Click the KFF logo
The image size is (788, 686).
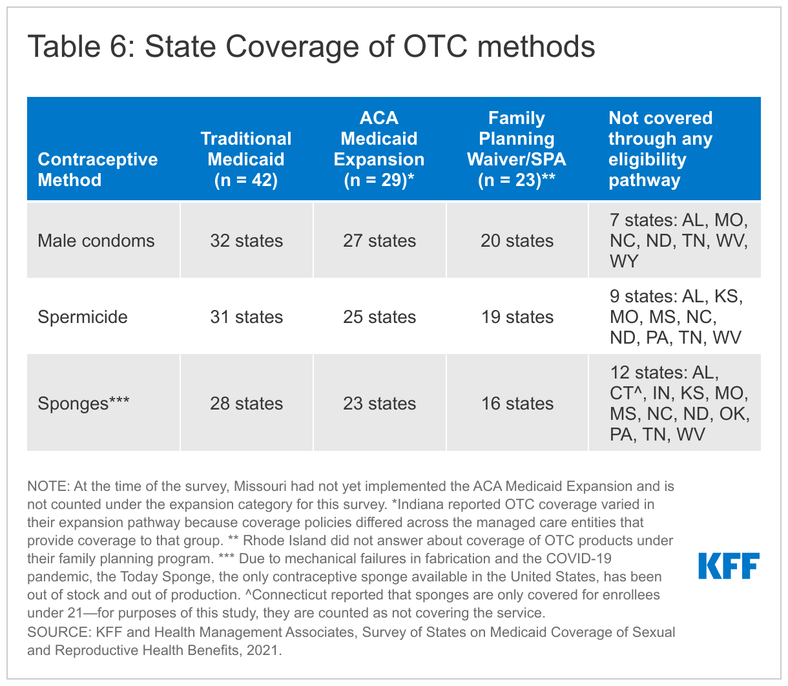(x=729, y=566)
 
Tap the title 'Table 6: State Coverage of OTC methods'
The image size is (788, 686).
(x=311, y=47)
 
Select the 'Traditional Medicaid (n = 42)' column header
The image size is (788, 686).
(x=246, y=159)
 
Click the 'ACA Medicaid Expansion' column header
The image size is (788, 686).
(x=379, y=149)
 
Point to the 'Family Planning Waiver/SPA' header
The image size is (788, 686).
(x=517, y=149)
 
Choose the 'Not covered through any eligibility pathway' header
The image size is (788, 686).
(x=660, y=149)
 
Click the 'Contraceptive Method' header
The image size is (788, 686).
(x=98, y=169)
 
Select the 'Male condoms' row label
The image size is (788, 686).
(x=96, y=241)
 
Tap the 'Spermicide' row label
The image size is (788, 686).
(x=83, y=317)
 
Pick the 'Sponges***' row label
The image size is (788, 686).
(x=83, y=404)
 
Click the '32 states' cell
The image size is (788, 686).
(x=246, y=241)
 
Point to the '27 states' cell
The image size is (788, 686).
(x=379, y=241)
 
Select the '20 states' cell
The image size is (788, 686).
(x=517, y=241)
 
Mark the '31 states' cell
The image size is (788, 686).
(x=246, y=317)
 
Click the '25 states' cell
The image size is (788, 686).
(x=379, y=317)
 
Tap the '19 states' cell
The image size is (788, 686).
(x=517, y=317)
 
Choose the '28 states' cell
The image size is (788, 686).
(x=246, y=404)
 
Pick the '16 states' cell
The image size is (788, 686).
(x=517, y=404)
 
